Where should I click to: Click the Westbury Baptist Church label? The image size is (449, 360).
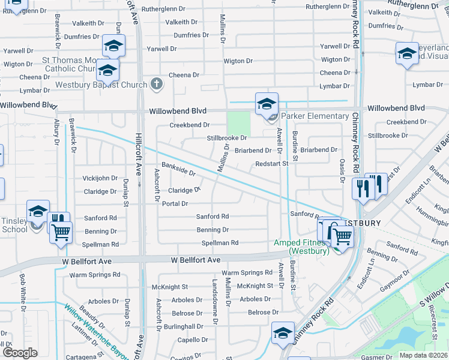click(x=101, y=85)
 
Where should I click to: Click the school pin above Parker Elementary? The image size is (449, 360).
click(x=267, y=104)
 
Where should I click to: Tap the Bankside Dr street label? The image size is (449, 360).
click(x=178, y=169)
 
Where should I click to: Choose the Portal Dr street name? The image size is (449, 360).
click(x=175, y=204)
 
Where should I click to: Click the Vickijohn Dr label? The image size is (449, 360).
click(x=100, y=178)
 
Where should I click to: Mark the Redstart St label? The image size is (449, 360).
click(x=271, y=163)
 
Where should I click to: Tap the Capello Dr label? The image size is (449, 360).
click(x=193, y=340)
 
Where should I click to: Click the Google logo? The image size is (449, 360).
click(x=20, y=353)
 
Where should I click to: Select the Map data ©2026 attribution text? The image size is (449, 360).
click(x=423, y=355)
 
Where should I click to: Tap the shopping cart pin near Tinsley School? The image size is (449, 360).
click(x=61, y=232)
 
